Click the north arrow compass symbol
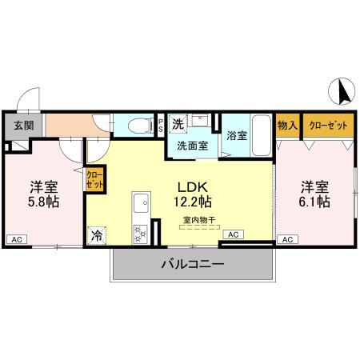343,92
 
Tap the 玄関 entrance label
23,125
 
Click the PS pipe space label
160,125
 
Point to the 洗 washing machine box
179,123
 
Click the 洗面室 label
192,146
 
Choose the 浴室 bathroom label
235,135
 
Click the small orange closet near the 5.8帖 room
94,179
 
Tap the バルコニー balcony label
193,263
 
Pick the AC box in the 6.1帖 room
286,239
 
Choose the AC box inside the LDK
232,234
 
